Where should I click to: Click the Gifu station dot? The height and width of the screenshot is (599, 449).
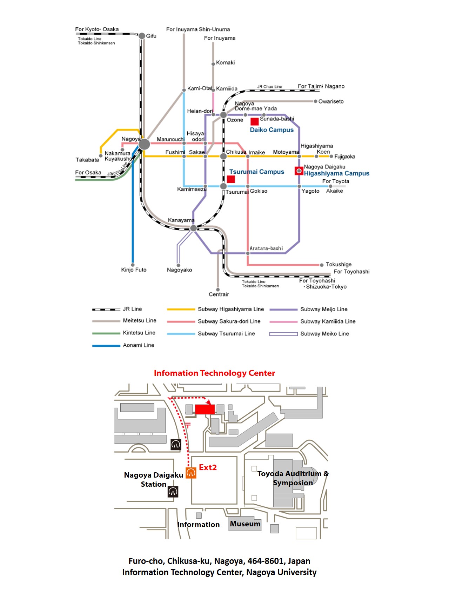point(142,36)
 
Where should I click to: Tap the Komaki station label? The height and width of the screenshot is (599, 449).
point(225,62)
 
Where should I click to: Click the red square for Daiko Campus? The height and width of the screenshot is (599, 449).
point(255,121)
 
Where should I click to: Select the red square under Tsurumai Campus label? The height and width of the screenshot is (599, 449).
point(231,179)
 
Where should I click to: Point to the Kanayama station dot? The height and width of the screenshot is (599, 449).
point(193,228)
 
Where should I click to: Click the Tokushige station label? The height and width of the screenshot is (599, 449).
point(338,264)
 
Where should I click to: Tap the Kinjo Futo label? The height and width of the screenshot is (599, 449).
point(134,269)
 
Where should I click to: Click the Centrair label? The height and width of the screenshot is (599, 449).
point(219,294)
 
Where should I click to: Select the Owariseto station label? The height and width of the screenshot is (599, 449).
point(331,101)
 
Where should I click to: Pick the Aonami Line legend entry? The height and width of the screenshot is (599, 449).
point(138,345)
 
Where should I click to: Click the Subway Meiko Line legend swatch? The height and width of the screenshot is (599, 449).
point(283,334)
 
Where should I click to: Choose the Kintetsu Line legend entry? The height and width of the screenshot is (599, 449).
point(139,333)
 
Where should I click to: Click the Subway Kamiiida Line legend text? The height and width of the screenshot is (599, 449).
point(328,321)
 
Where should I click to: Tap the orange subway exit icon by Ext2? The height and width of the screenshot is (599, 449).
point(191,473)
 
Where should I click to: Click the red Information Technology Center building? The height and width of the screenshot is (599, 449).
point(205,409)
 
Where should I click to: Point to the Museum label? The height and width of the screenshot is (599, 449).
point(245,524)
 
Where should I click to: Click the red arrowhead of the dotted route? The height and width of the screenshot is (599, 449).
point(209,402)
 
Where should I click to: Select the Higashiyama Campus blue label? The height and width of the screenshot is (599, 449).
point(336,173)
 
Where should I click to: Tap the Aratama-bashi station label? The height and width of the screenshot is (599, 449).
point(266,248)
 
